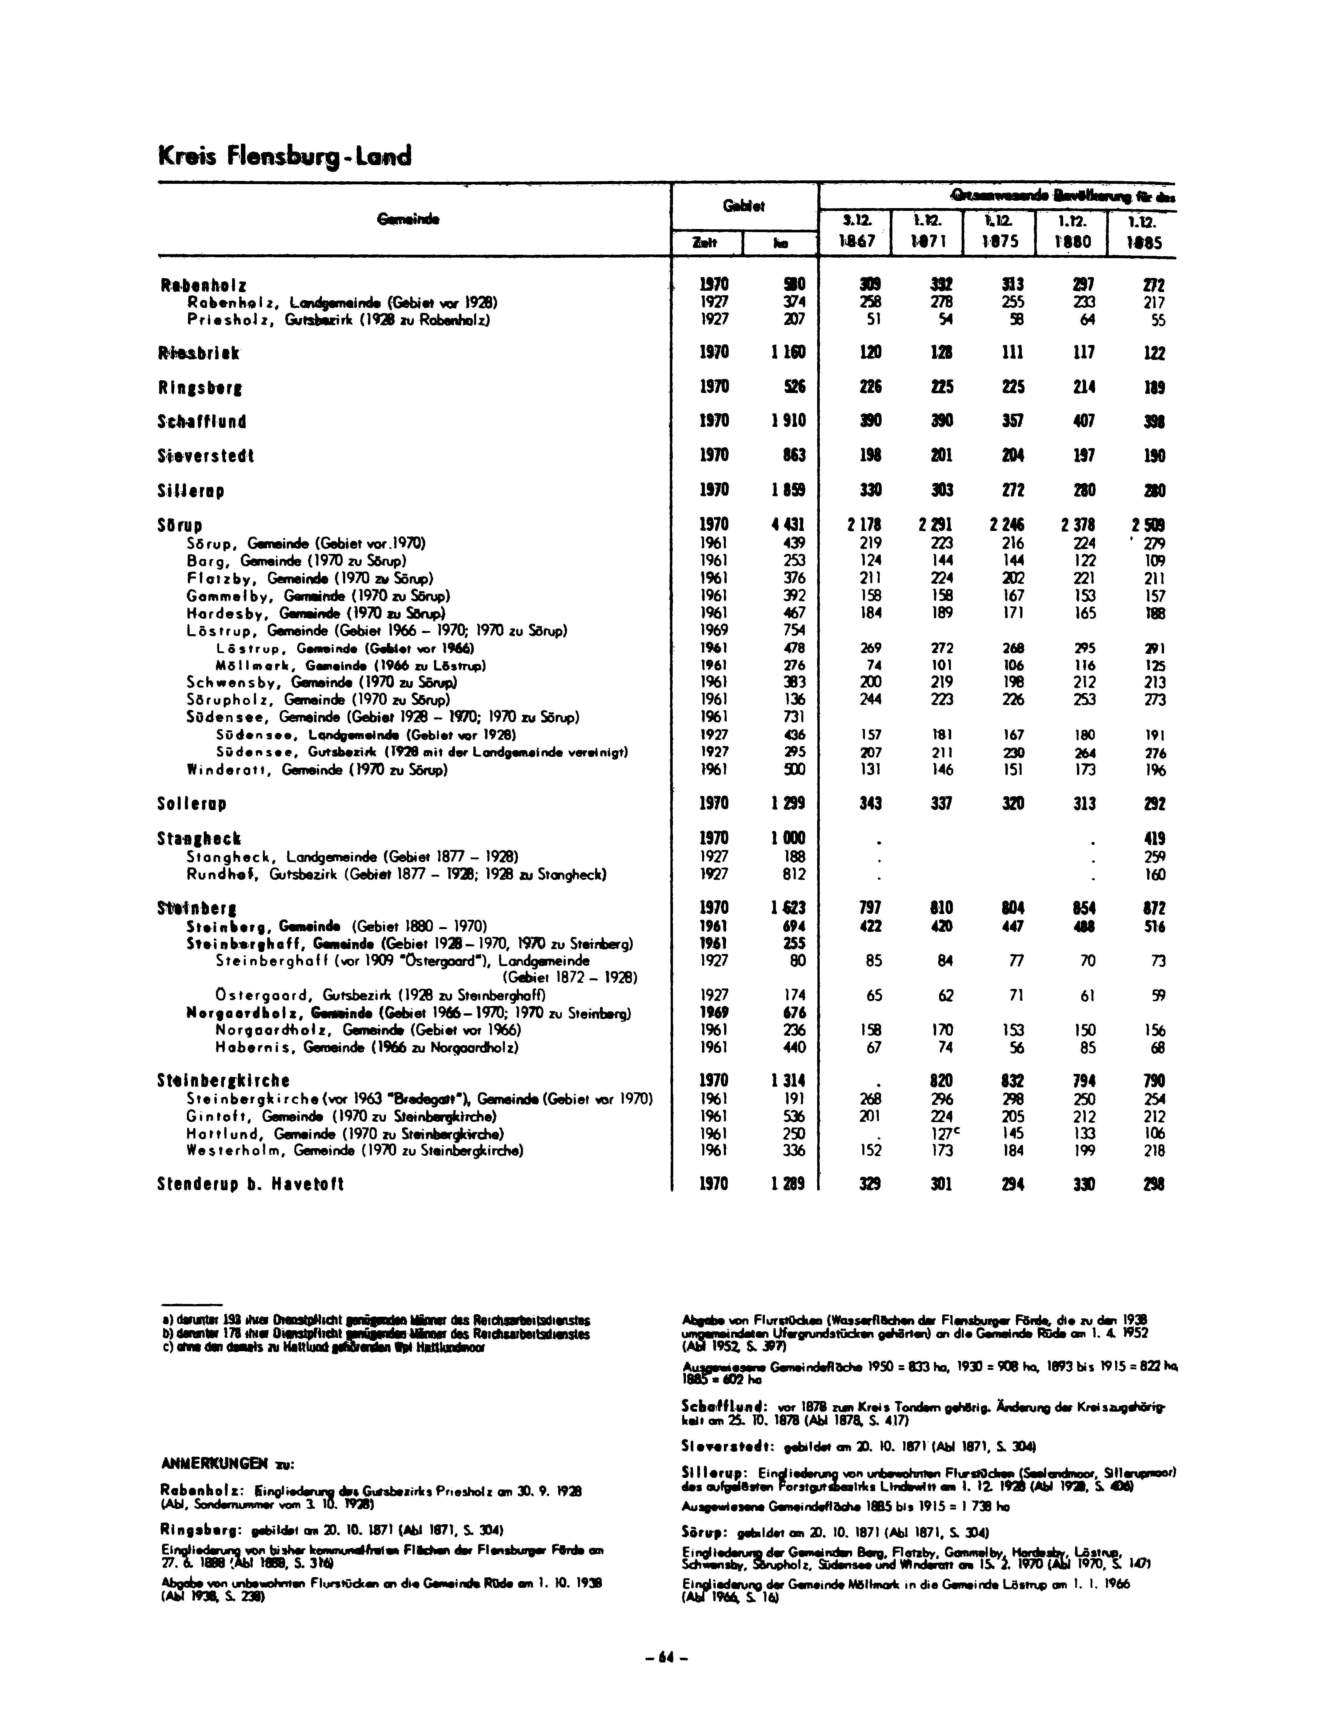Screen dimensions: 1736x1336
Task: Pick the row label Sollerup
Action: pyautogui.click(x=192, y=804)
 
